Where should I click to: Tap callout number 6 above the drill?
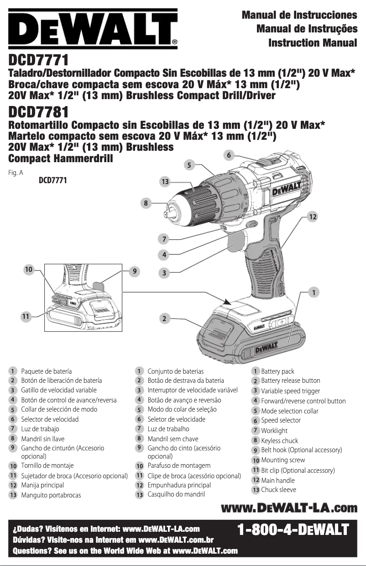(x=230, y=155)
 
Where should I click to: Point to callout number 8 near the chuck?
(x=146, y=202)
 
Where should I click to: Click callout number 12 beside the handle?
(x=312, y=217)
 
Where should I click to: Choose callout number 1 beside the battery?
(x=314, y=291)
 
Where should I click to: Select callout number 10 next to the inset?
(x=29, y=270)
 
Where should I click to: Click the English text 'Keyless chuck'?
(x=279, y=441)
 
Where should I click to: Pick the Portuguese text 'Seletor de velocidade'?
(x=176, y=419)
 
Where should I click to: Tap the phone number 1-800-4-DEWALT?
(x=293, y=530)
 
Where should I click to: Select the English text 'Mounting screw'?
(x=283, y=460)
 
